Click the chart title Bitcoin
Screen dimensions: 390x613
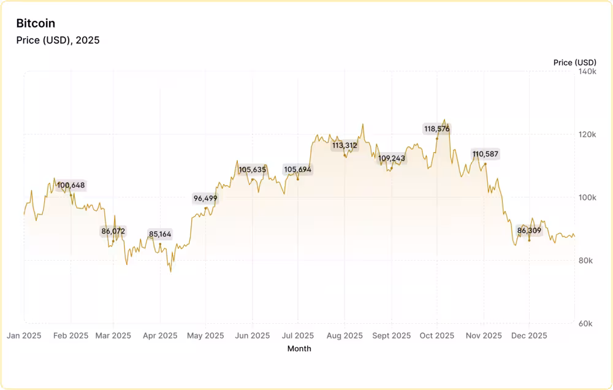pyautogui.click(x=36, y=23)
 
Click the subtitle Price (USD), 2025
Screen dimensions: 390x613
pyautogui.click(x=58, y=40)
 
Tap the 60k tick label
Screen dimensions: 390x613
pyautogui.click(x=587, y=323)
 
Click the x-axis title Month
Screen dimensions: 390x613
pyautogui.click(x=299, y=349)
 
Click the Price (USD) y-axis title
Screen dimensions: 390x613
pyautogui.click(x=574, y=63)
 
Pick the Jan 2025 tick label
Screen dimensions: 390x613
pyautogui.click(x=24, y=335)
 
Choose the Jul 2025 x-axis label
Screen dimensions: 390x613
pyautogui.click(x=299, y=335)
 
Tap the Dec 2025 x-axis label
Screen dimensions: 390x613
pyautogui.click(x=529, y=335)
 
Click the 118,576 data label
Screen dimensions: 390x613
pyautogui.click(x=437, y=129)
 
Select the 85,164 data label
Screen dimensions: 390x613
pyautogui.click(x=160, y=234)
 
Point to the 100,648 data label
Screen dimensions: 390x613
pyautogui.click(x=71, y=185)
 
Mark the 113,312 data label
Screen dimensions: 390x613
pyautogui.click(x=345, y=146)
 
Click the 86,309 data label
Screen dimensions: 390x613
pyautogui.click(x=529, y=231)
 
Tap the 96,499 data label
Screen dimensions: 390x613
pyautogui.click(x=205, y=198)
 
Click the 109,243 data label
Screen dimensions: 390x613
pyautogui.click(x=392, y=158)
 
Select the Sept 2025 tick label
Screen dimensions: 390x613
pyautogui.click(x=392, y=335)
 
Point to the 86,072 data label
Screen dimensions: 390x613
pyautogui.click(x=113, y=231)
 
